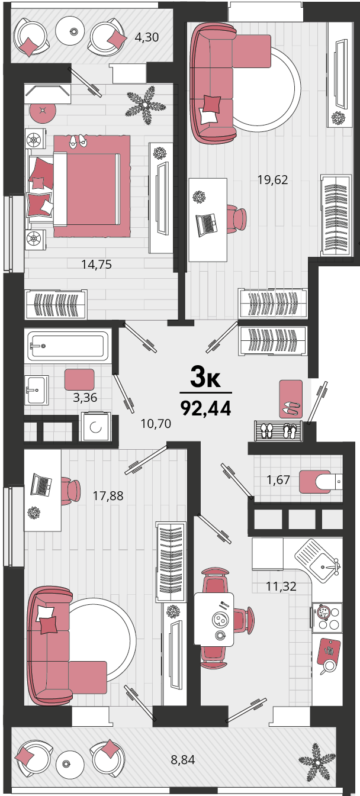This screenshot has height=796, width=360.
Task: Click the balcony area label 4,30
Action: coord(146,37)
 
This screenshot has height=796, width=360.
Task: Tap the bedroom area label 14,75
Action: coord(97,265)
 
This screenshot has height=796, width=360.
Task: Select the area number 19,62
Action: coord(272,180)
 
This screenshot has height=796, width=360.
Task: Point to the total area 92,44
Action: coord(206,408)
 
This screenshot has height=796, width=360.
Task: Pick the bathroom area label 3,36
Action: coord(85,397)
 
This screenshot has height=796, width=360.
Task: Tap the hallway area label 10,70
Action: coord(156,424)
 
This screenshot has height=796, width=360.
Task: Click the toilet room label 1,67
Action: coord(278,480)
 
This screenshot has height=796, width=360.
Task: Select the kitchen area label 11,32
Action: coord(281,586)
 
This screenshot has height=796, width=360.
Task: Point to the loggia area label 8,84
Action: coord(183,760)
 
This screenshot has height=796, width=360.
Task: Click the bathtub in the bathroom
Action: coord(67,346)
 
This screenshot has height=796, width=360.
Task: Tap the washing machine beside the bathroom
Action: coord(95,427)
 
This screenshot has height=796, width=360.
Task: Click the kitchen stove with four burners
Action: coord(327,618)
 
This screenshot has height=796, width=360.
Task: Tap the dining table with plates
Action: coord(214,619)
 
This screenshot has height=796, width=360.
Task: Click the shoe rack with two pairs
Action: coord(278,431)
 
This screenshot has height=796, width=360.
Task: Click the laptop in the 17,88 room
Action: coord(41,485)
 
